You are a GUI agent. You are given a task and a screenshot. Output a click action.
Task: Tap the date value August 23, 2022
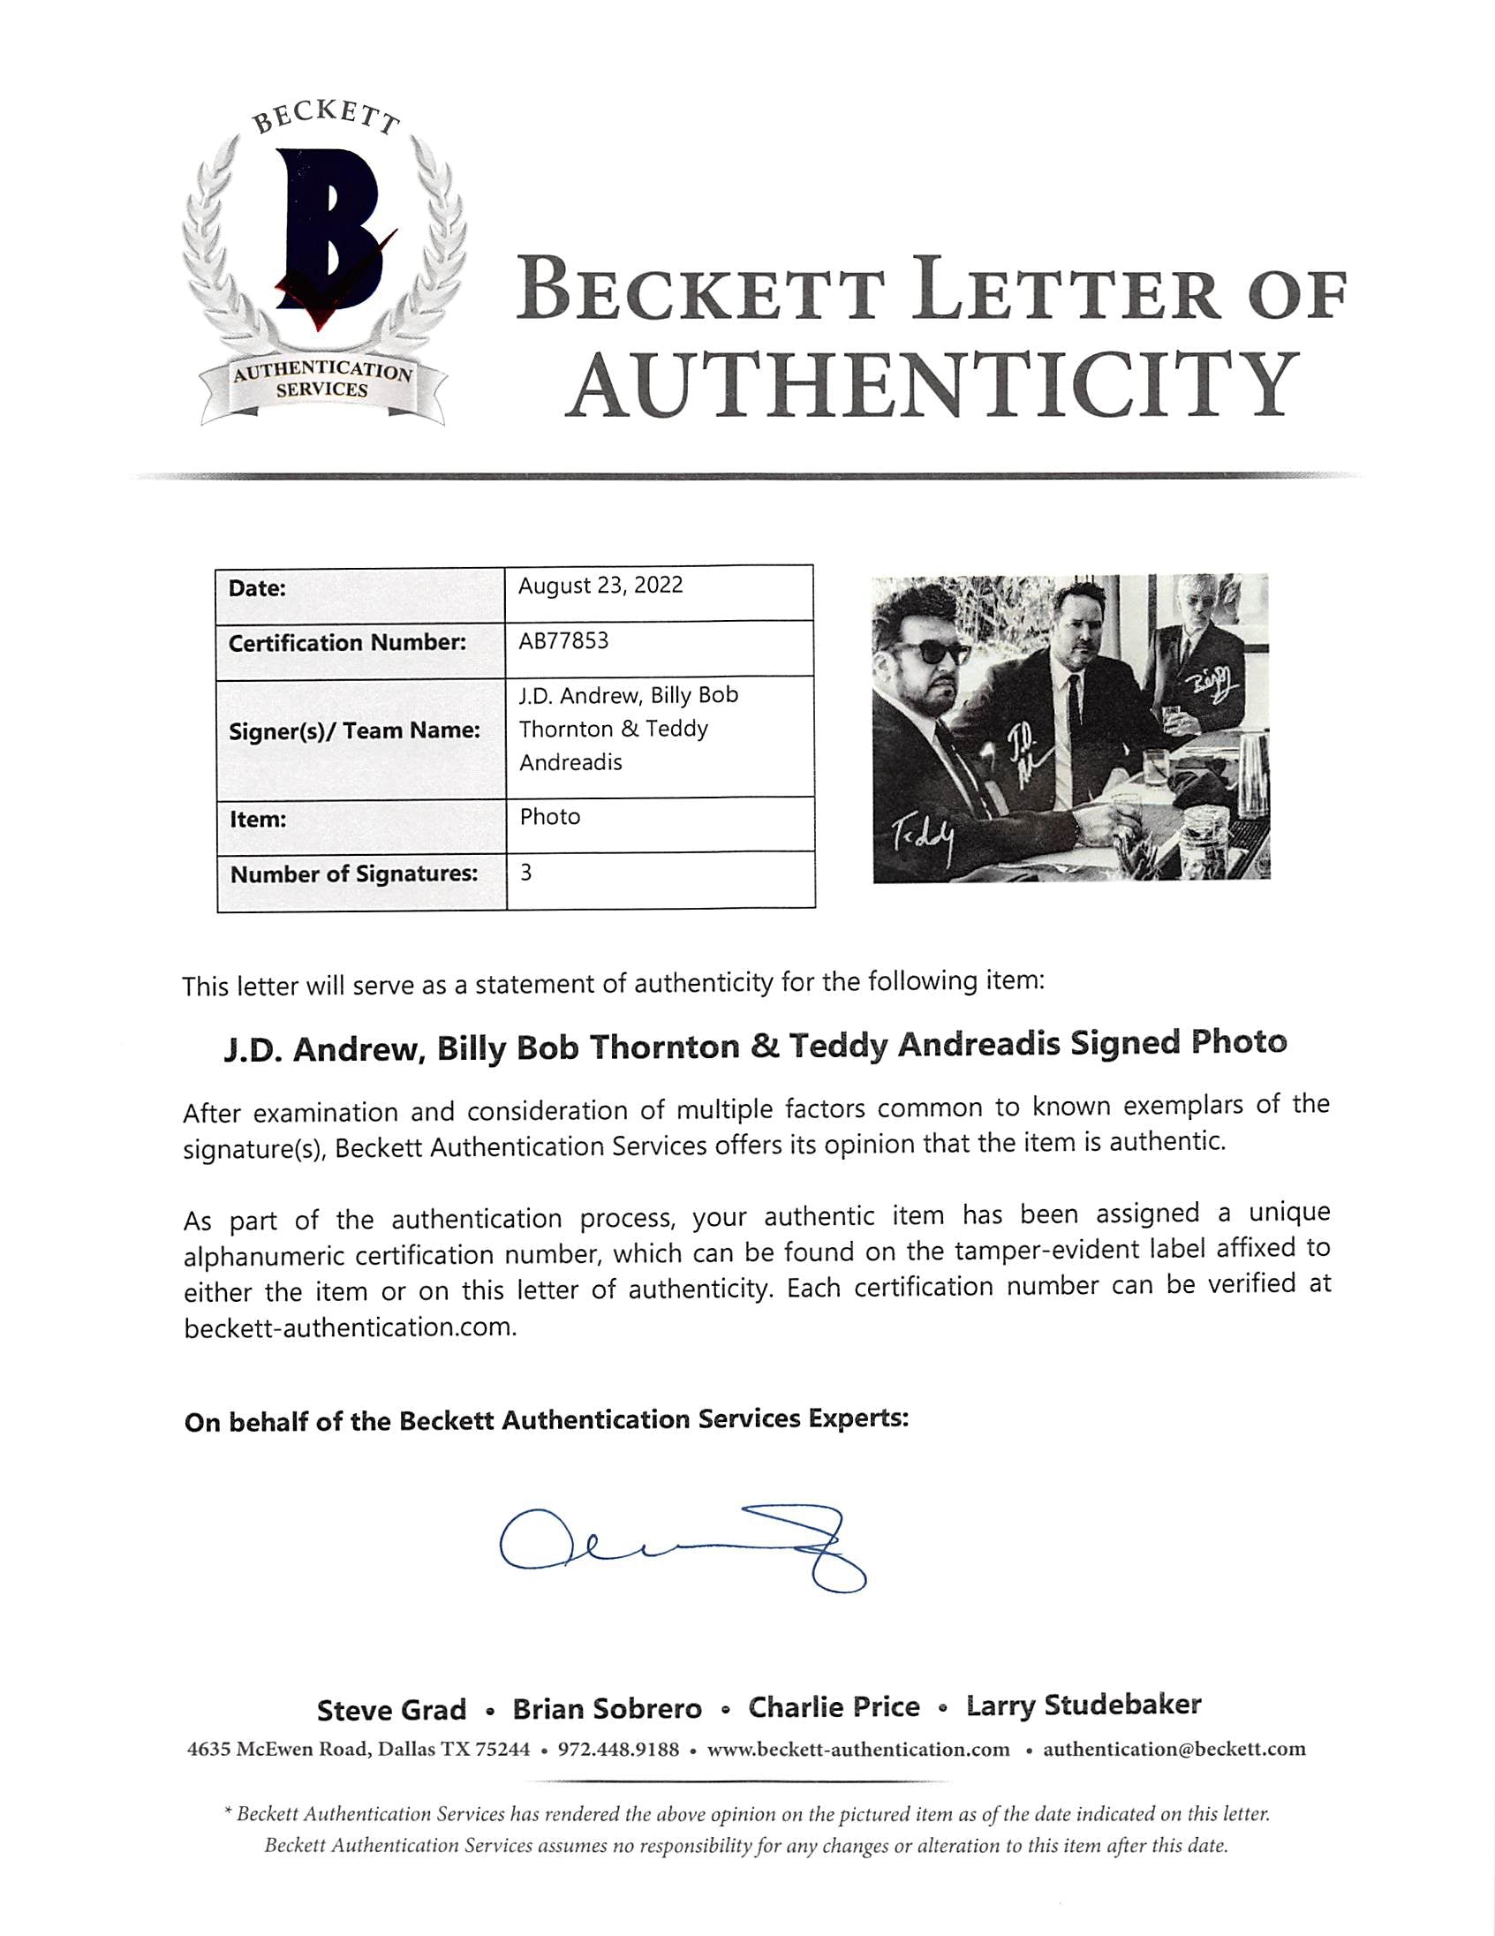[600, 586]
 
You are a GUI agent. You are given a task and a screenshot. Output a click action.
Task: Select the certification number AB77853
[563, 641]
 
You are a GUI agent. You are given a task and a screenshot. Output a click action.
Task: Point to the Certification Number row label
[346, 643]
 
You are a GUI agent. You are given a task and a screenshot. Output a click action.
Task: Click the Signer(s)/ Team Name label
[353, 731]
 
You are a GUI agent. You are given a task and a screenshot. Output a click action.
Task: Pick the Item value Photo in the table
[549, 816]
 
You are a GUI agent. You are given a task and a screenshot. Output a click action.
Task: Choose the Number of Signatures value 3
[525, 873]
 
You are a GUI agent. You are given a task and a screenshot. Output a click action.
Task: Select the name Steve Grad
[391, 1710]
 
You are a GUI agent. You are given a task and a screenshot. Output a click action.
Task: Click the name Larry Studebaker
[1083, 1705]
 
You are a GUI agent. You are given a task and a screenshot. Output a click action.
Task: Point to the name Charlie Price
[833, 1707]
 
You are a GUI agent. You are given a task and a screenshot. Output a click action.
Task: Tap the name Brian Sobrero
[607, 1709]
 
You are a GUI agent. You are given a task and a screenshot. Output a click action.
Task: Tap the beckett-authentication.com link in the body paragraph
[349, 1327]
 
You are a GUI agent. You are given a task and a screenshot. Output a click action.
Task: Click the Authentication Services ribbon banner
[321, 382]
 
